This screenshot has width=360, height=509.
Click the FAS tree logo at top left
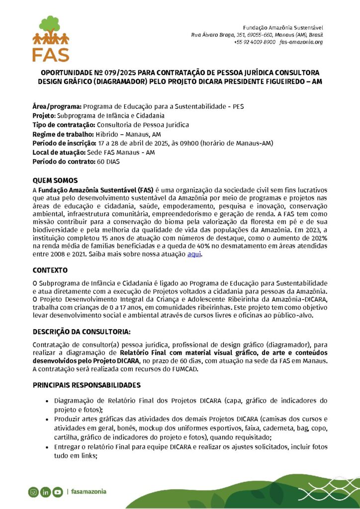click(51, 38)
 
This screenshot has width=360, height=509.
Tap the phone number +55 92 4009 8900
click(254, 42)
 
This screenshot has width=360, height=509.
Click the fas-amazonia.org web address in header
click(301, 42)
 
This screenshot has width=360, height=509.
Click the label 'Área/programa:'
click(57, 106)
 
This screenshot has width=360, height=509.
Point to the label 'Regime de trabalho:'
click(63, 134)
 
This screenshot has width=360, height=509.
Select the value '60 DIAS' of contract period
click(108, 162)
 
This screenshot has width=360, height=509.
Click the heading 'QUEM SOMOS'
click(55, 180)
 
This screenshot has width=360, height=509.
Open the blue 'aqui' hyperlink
click(194, 254)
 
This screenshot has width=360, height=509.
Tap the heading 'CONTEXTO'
click(50, 270)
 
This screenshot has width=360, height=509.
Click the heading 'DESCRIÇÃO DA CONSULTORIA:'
click(82, 332)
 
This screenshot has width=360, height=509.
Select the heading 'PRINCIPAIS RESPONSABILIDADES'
click(87, 385)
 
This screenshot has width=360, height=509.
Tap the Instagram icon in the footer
click(33, 492)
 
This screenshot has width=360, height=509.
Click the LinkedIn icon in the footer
click(45, 492)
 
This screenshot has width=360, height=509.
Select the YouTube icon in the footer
click(57, 492)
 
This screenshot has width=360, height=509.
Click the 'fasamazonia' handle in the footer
click(89, 492)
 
